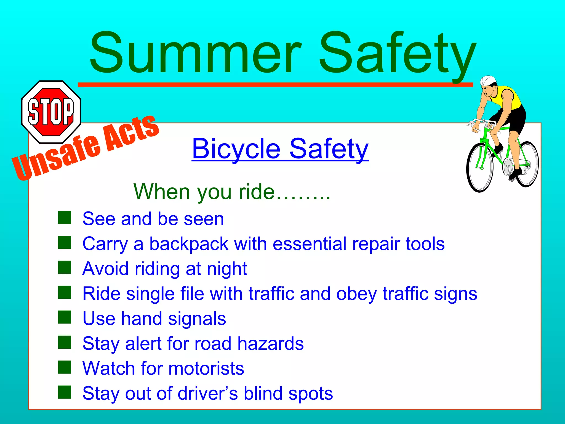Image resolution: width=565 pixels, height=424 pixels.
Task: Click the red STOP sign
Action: (51, 112)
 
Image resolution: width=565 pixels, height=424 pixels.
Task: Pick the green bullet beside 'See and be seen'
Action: (65, 218)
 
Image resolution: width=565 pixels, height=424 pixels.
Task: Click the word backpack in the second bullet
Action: (189, 244)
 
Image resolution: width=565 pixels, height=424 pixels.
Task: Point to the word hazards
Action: (270, 344)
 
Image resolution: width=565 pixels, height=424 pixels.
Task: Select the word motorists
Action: (206, 369)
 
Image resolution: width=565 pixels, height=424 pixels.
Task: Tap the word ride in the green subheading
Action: (257, 192)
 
